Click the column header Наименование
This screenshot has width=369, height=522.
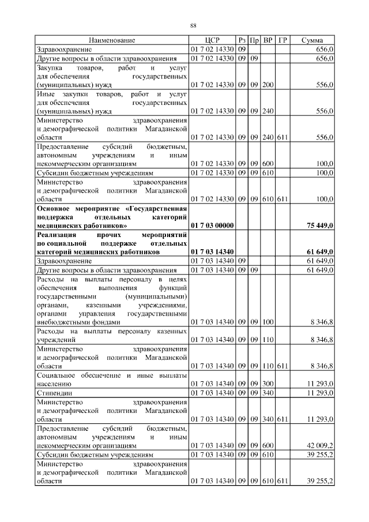tap(112, 40)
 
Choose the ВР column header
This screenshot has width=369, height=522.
tap(268, 40)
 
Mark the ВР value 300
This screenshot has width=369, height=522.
tap(268, 383)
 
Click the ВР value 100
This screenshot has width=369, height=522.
tap(268, 322)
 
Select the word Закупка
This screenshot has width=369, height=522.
tap(51, 67)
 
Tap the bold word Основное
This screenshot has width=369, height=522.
tap(57, 208)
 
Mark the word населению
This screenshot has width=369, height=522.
tap(54, 384)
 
